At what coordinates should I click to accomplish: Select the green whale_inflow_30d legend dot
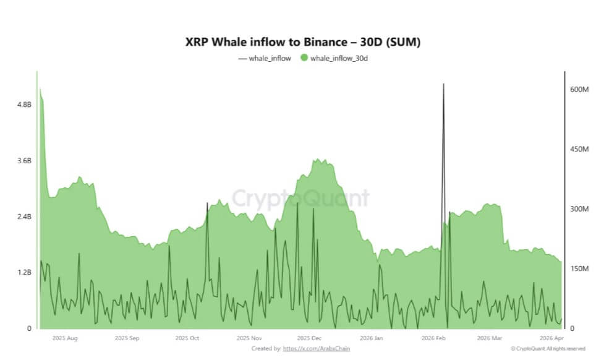coord(304,58)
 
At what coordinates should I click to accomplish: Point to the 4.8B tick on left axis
coord(24,105)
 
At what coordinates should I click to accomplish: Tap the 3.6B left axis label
coord(24,161)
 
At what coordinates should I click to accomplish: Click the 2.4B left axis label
coord(24,216)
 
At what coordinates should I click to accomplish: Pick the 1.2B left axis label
coord(24,272)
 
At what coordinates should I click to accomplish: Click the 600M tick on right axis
coord(577,90)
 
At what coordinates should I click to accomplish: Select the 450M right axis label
coord(577,149)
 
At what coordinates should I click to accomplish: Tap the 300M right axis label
coord(577,209)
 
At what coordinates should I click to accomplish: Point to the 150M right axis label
coord(577,268)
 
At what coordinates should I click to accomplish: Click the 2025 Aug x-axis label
coord(65,339)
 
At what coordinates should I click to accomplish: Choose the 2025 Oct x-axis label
coord(187,339)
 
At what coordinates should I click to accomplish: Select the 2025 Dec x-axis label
coord(309,339)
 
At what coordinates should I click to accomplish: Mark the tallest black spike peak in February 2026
coord(443,84)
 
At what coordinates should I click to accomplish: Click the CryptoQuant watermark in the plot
coord(300,199)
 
